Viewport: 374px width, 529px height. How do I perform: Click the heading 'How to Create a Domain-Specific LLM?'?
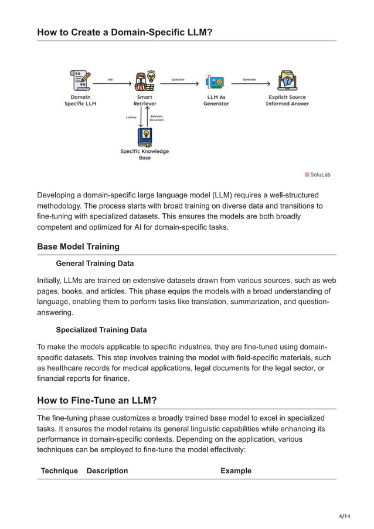(124, 32)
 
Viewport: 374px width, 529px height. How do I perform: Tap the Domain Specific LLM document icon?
(80, 80)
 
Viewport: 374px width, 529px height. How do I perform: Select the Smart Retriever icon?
(144, 81)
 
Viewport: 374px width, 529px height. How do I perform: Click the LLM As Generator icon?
(215, 81)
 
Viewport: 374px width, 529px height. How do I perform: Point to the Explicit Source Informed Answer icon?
(287, 81)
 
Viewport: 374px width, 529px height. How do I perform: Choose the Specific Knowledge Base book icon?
(144, 136)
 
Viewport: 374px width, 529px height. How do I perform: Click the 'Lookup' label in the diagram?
(131, 118)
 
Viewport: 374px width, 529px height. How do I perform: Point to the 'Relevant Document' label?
(157, 118)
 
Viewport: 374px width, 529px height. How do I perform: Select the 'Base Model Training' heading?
(78, 247)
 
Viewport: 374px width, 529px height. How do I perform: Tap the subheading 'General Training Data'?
(94, 264)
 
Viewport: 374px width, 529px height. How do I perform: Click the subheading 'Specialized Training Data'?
(101, 330)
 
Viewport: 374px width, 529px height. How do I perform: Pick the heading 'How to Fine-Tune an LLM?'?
(96, 401)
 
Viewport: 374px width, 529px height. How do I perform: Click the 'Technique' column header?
(59, 471)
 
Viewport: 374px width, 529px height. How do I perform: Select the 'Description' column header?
(107, 471)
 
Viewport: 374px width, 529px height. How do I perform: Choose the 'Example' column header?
(236, 471)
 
